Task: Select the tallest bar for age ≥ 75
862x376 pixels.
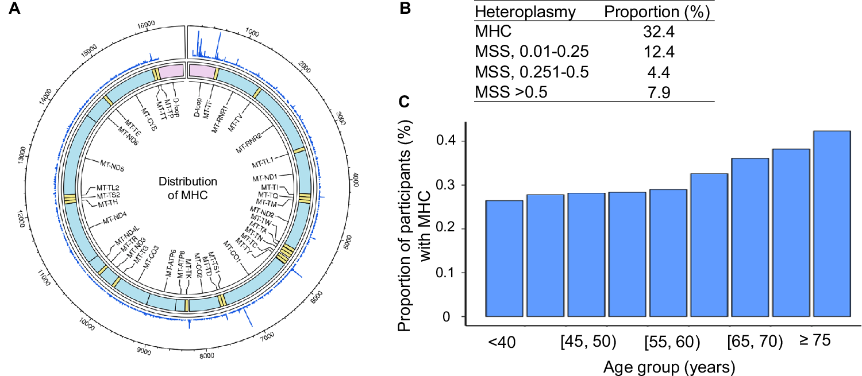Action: (x=832, y=224)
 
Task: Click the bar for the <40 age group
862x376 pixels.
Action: (x=504, y=258)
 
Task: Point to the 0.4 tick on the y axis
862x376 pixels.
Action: (x=449, y=141)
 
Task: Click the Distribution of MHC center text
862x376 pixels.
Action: (x=188, y=188)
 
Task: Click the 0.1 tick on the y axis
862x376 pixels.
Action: (x=449, y=273)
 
